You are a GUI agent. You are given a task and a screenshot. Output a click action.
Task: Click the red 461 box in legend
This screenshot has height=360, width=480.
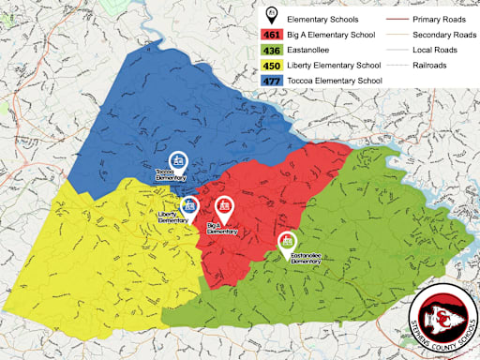(x=274, y=33)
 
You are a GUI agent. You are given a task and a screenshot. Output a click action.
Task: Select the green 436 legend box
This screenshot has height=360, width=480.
(x=274, y=50)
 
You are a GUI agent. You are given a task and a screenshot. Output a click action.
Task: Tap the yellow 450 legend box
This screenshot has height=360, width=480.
(x=274, y=66)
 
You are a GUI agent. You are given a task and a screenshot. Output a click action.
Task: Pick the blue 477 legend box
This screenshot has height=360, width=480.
(x=274, y=82)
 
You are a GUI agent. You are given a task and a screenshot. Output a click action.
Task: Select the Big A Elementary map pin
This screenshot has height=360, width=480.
(x=223, y=207)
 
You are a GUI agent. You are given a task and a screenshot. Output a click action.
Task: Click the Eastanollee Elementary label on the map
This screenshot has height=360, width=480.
(x=306, y=258)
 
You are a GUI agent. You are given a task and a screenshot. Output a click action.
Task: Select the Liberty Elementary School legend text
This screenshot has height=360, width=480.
(x=336, y=66)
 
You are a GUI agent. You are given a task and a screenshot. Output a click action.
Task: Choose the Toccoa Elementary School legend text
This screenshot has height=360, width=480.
(x=336, y=82)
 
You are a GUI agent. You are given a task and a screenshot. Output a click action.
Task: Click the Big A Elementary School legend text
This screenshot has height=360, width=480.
(x=336, y=33)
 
